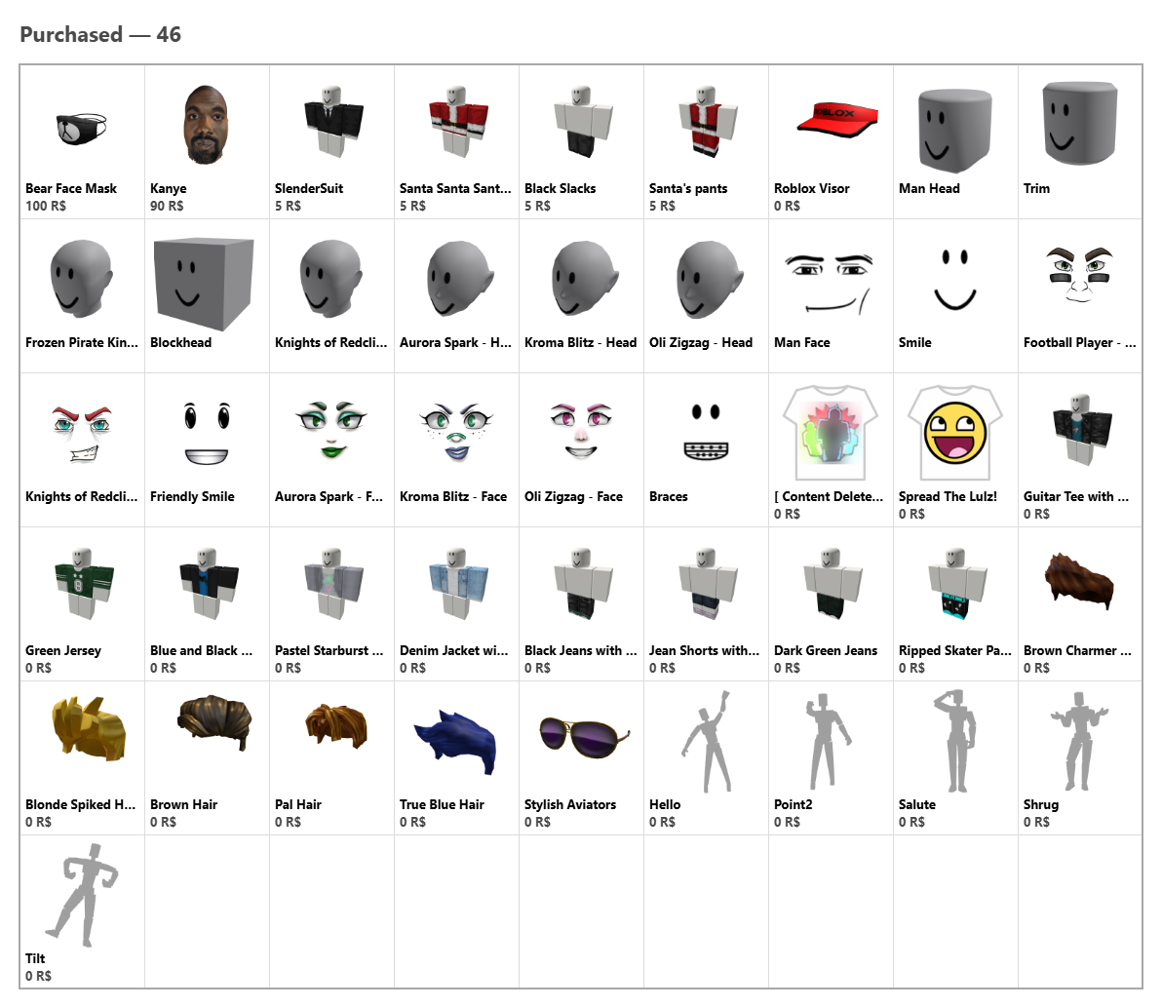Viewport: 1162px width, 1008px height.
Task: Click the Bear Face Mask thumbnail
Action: (x=82, y=129)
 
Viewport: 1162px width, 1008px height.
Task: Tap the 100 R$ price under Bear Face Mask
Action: (x=46, y=206)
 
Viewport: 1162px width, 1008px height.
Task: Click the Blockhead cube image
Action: (x=203, y=283)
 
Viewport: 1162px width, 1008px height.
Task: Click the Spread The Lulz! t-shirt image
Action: (x=955, y=432)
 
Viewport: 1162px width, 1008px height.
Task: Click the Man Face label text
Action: (x=802, y=342)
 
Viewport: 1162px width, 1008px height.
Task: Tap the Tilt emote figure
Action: (x=82, y=895)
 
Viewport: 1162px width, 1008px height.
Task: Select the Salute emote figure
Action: (x=956, y=741)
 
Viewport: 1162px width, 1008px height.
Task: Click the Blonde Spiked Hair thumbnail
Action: (x=89, y=728)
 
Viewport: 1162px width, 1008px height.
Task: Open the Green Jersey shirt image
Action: (x=84, y=584)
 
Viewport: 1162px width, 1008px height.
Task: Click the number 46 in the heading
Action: (x=169, y=34)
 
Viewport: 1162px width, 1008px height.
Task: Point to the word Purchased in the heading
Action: (x=71, y=34)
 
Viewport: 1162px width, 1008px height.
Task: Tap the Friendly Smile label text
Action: (x=192, y=496)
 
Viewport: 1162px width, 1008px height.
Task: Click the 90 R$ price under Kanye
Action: (x=167, y=206)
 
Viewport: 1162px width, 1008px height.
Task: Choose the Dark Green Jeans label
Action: (x=826, y=651)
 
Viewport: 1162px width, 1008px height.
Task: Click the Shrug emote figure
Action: (x=1079, y=741)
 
